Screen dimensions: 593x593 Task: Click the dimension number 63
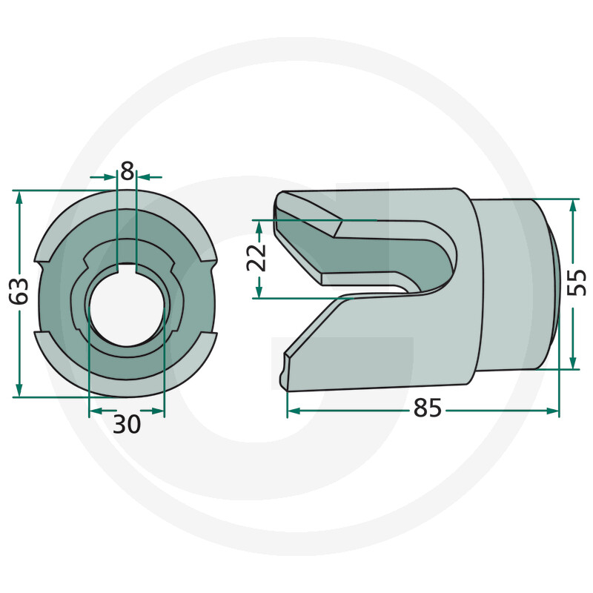(x=19, y=291)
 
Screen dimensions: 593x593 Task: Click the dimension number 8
(x=127, y=172)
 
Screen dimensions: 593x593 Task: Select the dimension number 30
(x=126, y=425)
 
